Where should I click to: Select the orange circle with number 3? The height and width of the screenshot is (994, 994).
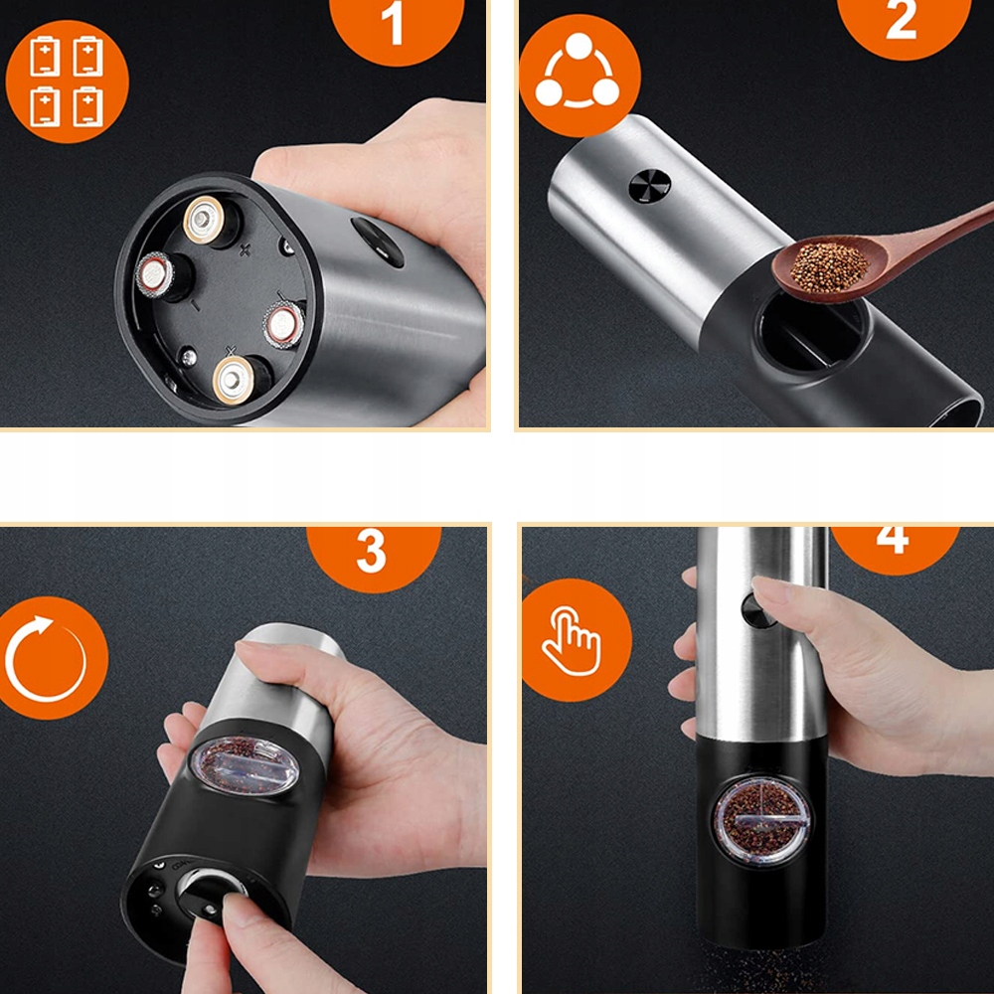(374, 556)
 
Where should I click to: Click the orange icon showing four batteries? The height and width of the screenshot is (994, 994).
(68, 82)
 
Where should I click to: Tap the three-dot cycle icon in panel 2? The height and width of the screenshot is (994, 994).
(580, 76)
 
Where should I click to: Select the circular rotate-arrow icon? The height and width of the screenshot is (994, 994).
(48, 658)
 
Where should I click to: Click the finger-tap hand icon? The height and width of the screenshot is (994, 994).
(577, 639)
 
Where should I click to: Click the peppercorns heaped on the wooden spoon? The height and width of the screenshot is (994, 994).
(829, 266)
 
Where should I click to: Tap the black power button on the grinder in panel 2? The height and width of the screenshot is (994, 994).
(650, 187)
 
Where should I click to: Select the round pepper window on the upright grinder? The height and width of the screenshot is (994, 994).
(761, 822)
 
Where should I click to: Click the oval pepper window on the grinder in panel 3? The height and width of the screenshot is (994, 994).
(245, 765)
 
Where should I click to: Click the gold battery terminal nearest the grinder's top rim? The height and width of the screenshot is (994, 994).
(204, 220)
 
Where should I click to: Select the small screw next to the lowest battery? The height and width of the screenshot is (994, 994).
(188, 358)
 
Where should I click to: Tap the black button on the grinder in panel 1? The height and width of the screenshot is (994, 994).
(378, 242)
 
